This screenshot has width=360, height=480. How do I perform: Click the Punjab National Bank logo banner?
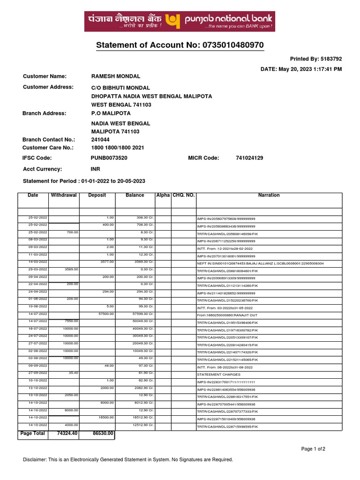180,22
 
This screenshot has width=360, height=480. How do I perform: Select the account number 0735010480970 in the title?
233,45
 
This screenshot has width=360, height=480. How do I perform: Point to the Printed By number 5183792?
331,59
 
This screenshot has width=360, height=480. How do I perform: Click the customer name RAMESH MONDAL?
115,76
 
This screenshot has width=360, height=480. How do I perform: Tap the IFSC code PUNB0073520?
109,158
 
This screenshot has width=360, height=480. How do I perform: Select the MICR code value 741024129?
249,158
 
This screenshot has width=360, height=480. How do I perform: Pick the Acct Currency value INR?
96,169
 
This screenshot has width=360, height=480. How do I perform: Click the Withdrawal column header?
64,195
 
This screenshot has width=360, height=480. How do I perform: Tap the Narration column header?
269,195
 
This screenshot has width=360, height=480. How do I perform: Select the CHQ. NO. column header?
183,195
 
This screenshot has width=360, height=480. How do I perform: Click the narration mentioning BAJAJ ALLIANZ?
260,263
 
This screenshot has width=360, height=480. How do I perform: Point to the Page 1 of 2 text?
313,449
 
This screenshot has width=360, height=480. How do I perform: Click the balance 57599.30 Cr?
143,314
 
